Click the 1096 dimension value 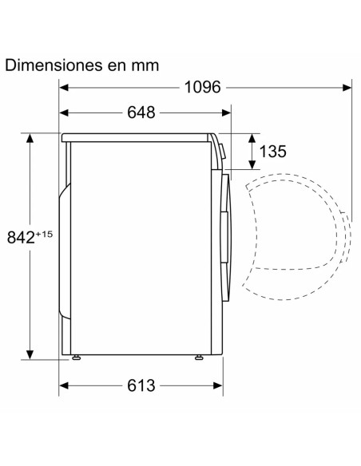(203, 88)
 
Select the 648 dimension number (141, 113)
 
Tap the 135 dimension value (272, 152)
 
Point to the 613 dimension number (141, 385)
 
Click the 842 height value (21, 238)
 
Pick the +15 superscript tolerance (44, 234)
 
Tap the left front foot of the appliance (77, 357)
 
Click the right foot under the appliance (199, 357)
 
